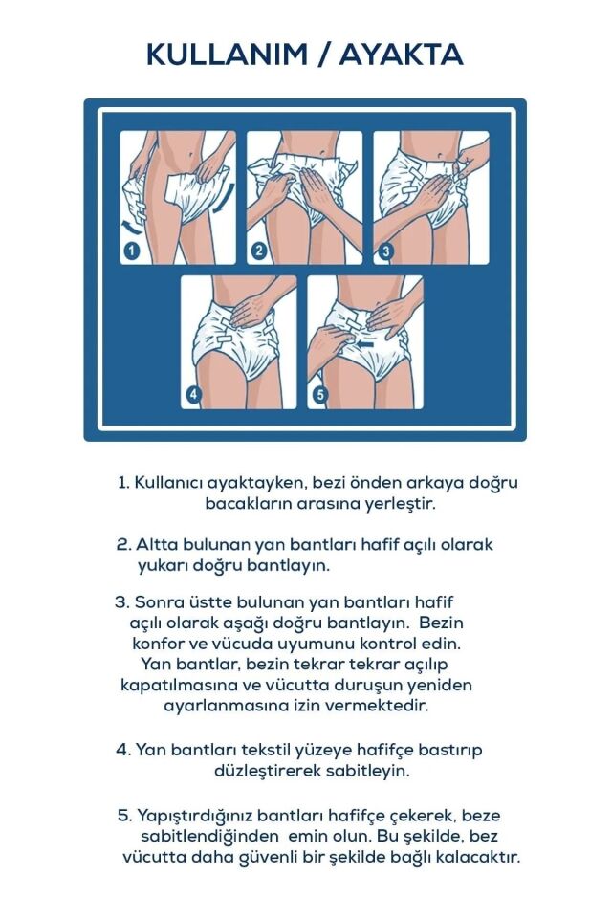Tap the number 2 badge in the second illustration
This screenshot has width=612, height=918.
[258, 251]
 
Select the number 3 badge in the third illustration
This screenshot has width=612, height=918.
[385, 251]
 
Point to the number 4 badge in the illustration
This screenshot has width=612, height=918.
[194, 395]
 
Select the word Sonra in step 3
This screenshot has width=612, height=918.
[157, 602]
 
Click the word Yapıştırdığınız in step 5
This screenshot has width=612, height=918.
[187, 816]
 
